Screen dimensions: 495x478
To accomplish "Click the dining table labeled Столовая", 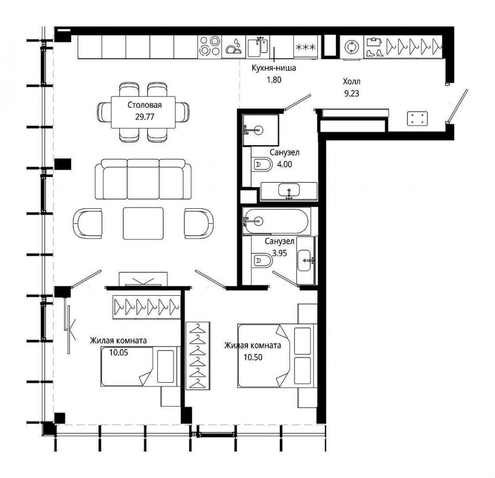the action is coord(143,112).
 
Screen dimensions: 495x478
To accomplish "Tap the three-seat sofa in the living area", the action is coord(143,179).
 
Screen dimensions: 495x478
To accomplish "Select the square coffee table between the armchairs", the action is coord(143,223).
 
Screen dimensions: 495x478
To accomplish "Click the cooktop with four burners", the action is coord(210,46).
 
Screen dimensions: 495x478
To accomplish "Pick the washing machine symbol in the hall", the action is coord(351,47).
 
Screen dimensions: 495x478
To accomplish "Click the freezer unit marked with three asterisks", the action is coord(305,47).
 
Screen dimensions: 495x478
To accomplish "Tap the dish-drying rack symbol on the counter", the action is coord(233,47).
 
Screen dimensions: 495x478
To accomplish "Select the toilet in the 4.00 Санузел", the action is coord(262,165).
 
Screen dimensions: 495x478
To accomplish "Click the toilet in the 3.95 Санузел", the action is coord(262,261).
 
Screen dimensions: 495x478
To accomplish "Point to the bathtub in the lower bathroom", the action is coord(276,221).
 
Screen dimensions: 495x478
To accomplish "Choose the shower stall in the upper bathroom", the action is coord(261,130).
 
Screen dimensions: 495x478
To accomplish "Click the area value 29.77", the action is coord(144,117).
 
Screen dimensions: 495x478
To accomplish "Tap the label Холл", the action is coord(351,81).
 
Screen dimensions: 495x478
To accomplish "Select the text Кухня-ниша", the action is coord(274,68).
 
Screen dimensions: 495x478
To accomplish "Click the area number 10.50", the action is coord(253,357).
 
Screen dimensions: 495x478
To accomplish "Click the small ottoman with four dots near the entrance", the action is coord(417,119).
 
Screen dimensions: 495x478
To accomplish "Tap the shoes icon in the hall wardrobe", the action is coord(375,53).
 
